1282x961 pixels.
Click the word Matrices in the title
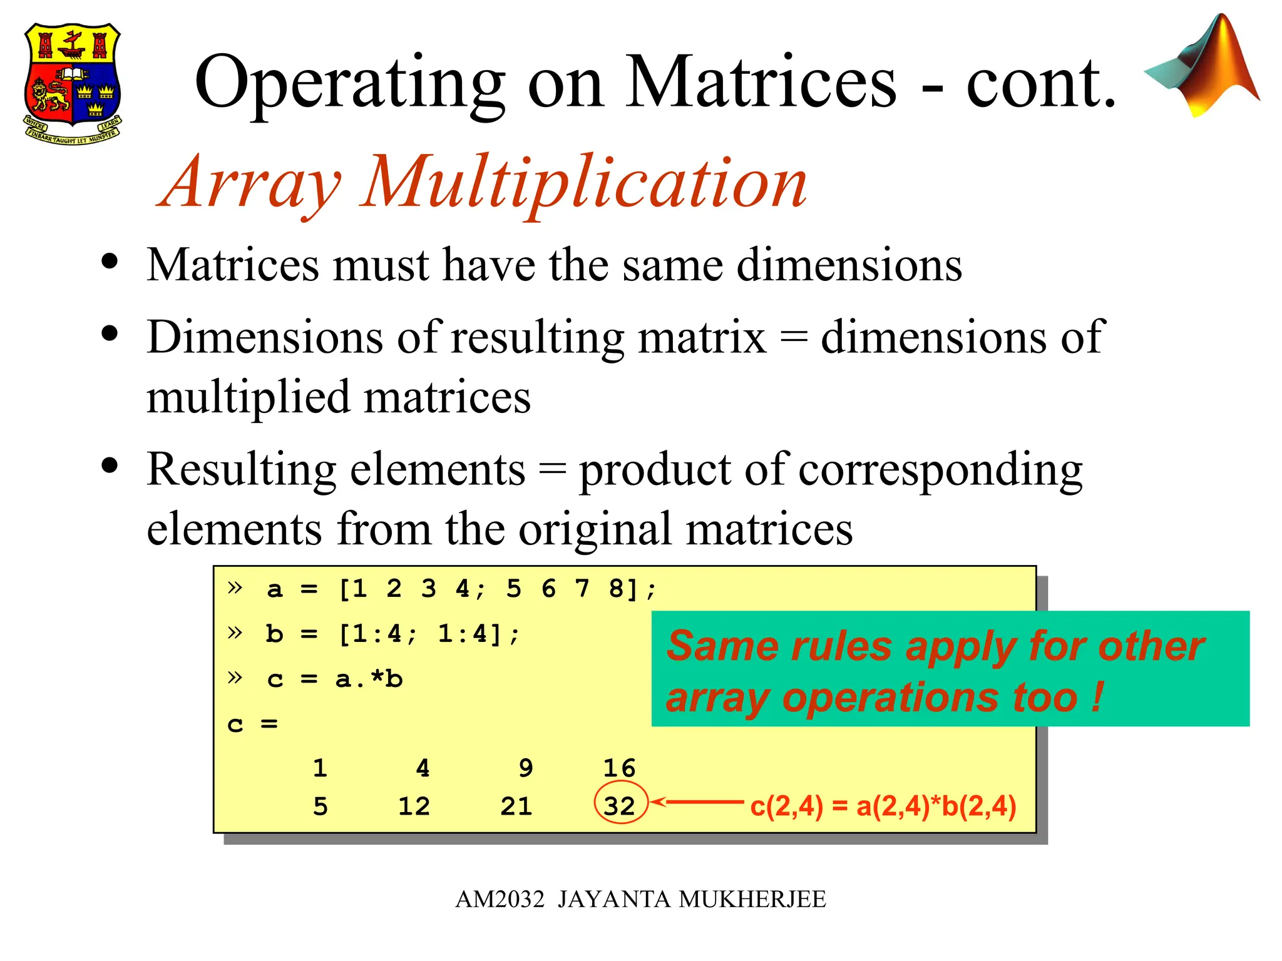pos(761,83)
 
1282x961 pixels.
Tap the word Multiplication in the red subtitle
pos(585,183)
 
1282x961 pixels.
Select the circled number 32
pos(619,806)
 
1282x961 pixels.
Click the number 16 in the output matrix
pos(619,768)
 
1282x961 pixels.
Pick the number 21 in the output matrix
pos(516,806)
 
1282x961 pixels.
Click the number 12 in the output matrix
pos(414,806)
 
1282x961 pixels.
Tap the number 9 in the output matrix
pos(526,768)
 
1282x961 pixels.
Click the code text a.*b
pos(369,679)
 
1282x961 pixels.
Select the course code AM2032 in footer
pos(500,899)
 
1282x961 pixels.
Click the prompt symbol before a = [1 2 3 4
pos(235,587)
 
